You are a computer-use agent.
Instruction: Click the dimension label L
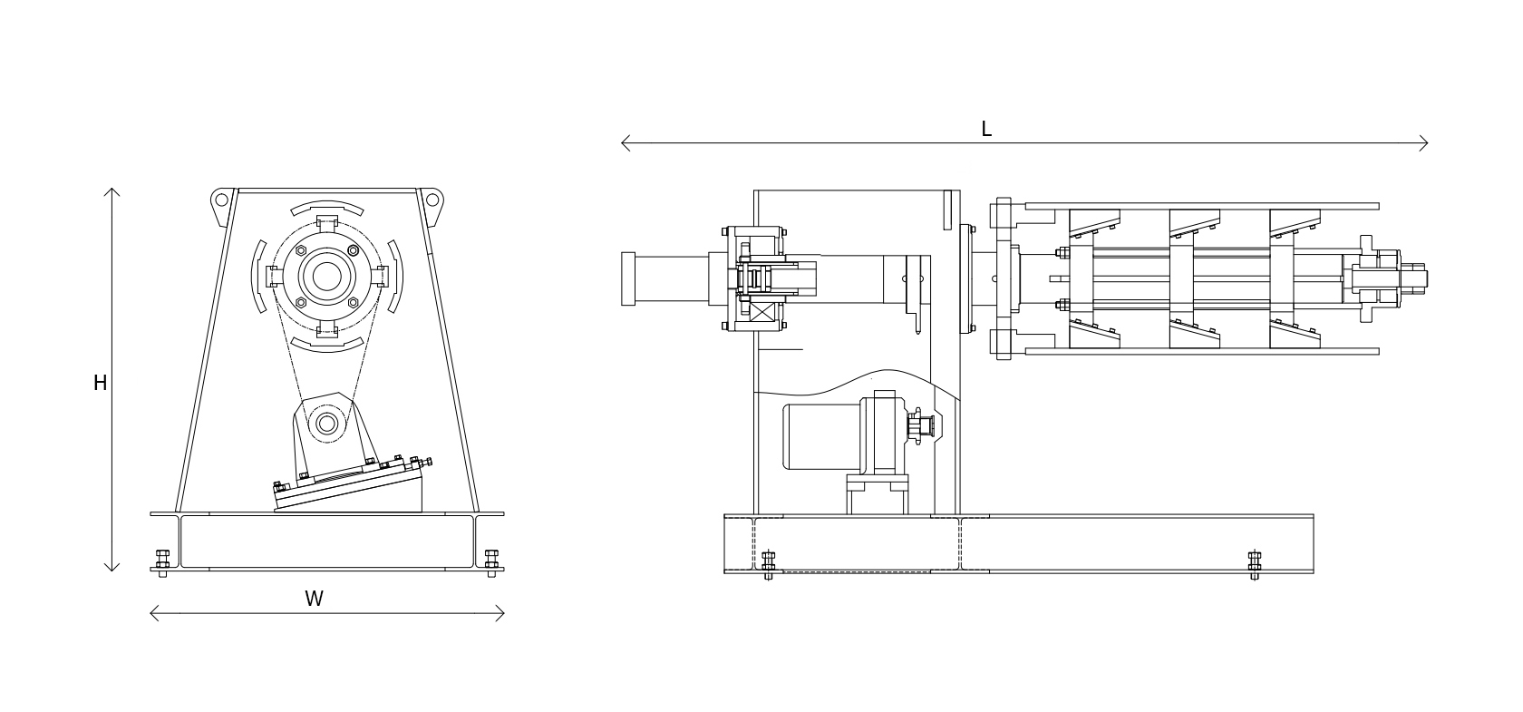tap(986, 130)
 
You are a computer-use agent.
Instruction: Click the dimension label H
tap(100, 384)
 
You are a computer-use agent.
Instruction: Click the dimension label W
tap(314, 599)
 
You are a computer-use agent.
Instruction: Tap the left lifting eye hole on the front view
tap(221, 200)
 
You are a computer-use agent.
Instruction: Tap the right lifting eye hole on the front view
tap(432, 200)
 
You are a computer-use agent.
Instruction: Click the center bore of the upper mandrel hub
tap(326, 277)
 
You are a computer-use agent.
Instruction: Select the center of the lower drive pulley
tap(326, 424)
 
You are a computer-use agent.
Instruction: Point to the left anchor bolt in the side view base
tap(769, 564)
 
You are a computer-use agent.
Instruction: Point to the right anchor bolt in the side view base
tap(1255, 564)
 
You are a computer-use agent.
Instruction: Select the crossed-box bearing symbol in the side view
tap(762, 314)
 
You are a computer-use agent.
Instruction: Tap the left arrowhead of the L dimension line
tap(624, 142)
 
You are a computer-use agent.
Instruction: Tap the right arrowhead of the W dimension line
tap(501, 613)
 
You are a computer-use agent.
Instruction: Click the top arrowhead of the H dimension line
tap(112, 190)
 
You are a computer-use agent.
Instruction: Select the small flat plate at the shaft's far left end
tap(628, 278)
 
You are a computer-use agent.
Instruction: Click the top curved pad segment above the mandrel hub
tap(327, 208)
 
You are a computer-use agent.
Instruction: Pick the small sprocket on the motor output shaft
tap(917, 426)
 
